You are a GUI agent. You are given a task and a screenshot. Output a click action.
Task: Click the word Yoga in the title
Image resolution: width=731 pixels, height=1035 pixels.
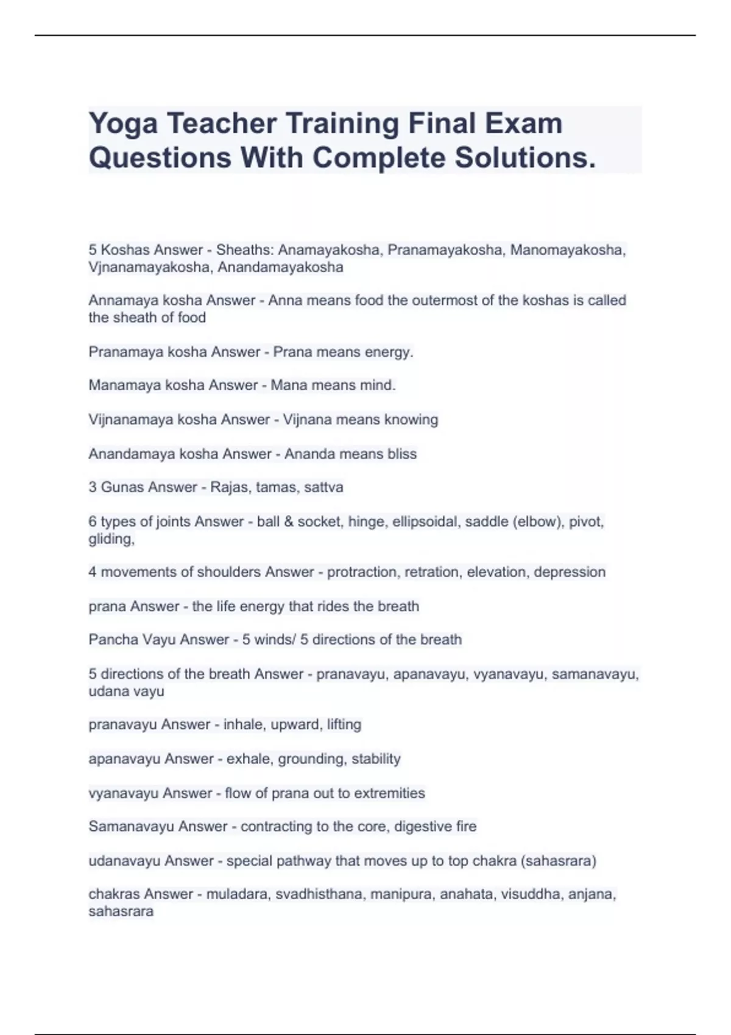(x=123, y=124)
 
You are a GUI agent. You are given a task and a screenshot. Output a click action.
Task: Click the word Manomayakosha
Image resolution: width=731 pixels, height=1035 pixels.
(x=567, y=250)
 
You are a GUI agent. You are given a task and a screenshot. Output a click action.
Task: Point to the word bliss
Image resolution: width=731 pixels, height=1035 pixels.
(x=402, y=454)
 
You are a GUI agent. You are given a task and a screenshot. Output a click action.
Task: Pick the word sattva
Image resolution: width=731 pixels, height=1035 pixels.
(x=324, y=487)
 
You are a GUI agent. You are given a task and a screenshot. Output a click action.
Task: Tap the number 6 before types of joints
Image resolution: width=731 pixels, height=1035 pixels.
(x=93, y=522)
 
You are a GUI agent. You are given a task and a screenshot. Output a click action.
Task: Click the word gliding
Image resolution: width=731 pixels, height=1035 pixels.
(x=110, y=539)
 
